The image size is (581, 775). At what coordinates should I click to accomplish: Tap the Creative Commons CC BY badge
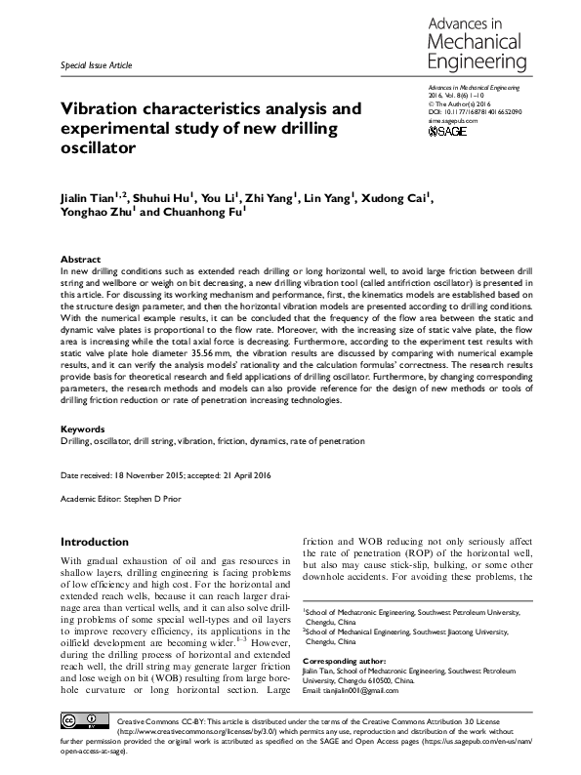tap(80, 723)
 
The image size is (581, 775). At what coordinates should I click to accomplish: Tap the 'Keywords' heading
tap(81, 428)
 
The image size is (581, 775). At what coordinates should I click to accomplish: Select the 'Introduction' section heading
tap(93, 541)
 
